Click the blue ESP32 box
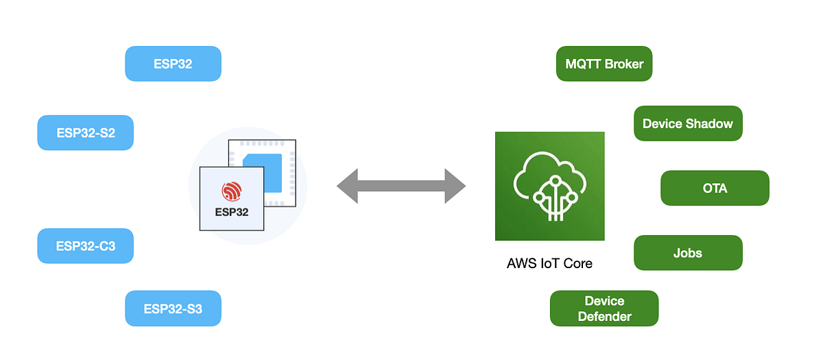tap(173, 64)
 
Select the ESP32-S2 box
tap(85, 133)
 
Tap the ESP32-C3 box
tap(85, 246)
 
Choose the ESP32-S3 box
tap(173, 309)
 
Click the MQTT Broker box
tap(604, 64)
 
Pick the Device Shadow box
tap(687, 123)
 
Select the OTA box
tap(715, 188)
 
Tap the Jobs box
tap(687, 252)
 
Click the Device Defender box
tap(604, 309)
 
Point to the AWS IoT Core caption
tap(549, 263)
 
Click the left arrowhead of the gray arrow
tap(348, 186)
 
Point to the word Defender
tap(604, 316)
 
